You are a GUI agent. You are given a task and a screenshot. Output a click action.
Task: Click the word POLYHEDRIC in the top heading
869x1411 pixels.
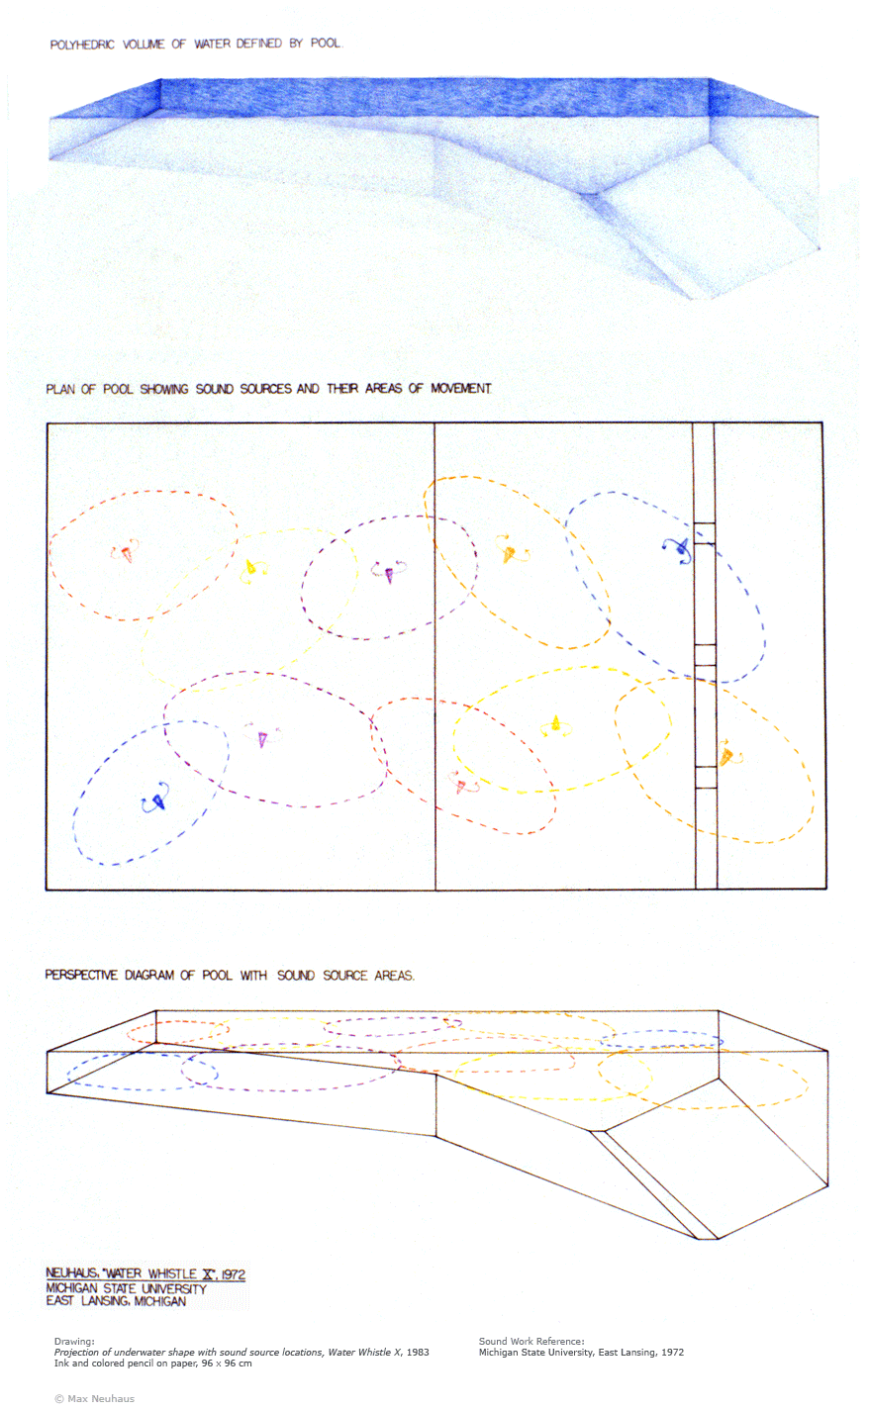point(82,45)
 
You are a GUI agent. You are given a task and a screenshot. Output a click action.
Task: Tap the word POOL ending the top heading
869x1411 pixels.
point(327,43)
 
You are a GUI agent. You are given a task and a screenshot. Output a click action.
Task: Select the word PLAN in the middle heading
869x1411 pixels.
point(60,389)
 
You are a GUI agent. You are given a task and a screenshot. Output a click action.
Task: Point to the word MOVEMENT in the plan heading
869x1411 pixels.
point(461,388)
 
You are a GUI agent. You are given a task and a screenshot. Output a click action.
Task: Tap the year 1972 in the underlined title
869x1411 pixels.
point(234,1274)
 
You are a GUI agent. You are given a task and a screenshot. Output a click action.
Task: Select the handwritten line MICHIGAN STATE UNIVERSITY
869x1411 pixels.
point(126,1288)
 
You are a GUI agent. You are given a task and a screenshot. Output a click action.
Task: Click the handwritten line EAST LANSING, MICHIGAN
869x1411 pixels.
point(116,1301)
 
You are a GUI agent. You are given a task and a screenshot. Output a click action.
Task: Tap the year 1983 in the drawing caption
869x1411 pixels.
point(418,1352)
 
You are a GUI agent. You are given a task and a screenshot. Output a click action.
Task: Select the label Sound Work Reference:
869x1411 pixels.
point(531,1341)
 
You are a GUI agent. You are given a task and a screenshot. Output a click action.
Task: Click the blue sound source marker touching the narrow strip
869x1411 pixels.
point(677,550)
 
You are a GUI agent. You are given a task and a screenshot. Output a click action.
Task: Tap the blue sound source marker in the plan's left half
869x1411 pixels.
point(155,799)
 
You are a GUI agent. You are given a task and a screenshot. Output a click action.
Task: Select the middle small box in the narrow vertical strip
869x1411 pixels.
point(705,655)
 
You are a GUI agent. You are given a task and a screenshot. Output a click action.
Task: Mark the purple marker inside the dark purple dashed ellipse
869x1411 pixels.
point(388,571)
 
